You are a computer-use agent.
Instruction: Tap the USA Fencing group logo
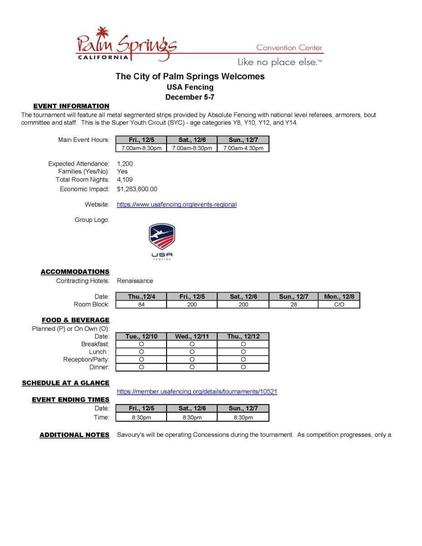[x=162, y=241]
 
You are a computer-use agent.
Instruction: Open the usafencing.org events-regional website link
[x=177, y=205]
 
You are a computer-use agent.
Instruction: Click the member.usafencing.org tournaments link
[x=197, y=391]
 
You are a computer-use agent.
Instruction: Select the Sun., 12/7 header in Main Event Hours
[x=243, y=140]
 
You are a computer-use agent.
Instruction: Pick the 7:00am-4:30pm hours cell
[x=243, y=148]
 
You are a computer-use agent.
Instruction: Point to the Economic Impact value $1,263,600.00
[x=137, y=189]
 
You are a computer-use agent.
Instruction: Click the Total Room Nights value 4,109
[x=125, y=180]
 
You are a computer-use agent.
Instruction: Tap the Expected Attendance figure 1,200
[x=125, y=164]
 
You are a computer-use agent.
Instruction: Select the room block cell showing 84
[x=141, y=304]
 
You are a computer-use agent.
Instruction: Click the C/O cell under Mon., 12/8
[x=339, y=304]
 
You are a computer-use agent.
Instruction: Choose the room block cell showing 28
[x=294, y=304]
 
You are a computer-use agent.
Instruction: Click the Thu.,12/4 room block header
[x=141, y=297]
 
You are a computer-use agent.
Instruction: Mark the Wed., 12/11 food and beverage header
[x=192, y=336]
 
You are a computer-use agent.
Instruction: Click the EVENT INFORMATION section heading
[x=71, y=106]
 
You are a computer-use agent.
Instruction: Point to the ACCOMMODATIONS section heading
[x=75, y=272]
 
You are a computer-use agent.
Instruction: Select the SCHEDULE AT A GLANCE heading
[x=66, y=383]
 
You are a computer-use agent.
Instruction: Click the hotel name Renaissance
[x=135, y=281]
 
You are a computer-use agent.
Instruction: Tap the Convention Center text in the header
[x=289, y=48]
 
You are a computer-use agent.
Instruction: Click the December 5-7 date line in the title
[x=190, y=97]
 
